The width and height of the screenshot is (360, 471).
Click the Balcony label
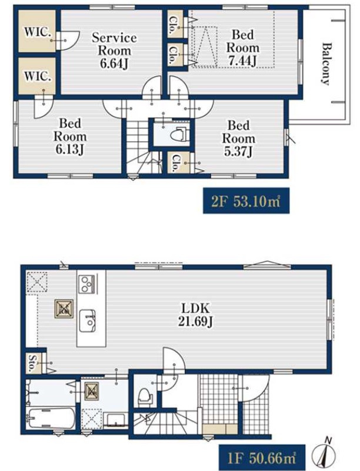(326, 64)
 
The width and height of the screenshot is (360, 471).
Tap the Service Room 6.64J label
(114, 51)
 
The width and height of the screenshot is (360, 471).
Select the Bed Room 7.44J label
(243, 48)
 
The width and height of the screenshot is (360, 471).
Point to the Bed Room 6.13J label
(70, 137)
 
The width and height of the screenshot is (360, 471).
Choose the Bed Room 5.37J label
(238, 138)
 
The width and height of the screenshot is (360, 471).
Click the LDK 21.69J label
(196, 314)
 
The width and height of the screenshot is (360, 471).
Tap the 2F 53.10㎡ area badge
(246, 201)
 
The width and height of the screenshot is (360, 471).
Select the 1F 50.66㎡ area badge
(262, 458)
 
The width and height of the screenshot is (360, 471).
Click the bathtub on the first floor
(51, 419)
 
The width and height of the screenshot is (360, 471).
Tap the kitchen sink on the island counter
(88, 321)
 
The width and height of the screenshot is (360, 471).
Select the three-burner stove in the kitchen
(87, 284)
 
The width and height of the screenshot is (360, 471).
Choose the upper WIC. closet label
(38, 32)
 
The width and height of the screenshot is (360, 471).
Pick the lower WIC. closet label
(38, 76)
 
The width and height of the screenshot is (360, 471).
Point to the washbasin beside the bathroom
(114, 419)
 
